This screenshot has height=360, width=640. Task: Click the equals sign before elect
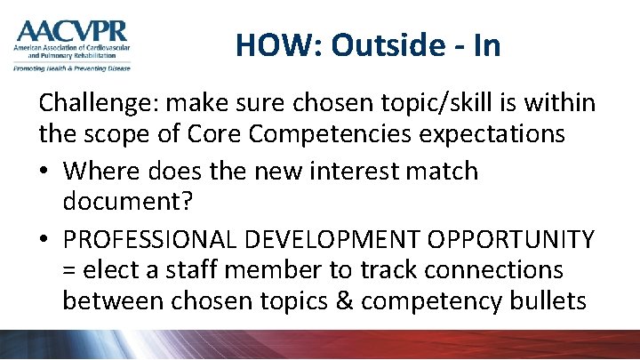click(70, 270)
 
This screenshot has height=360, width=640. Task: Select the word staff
click(209, 268)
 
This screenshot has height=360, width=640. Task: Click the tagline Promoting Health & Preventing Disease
click(71, 67)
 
